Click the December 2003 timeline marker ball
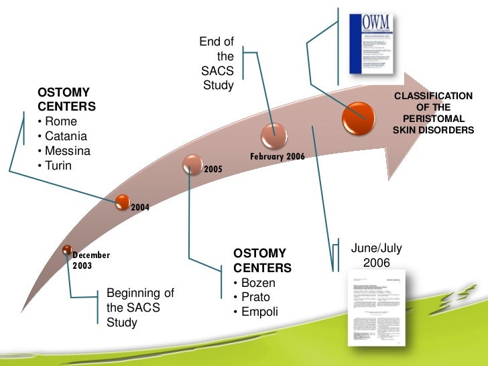pyautogui.click(x=67, y=250)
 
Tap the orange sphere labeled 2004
pyautogui.click(x=122, y=200)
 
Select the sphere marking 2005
pyautogui.click(x=193, y=162)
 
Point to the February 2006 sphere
pyautogui.click(x=273, y=134)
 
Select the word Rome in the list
pyautogui.click(x=61, y=121)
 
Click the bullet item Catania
pyautogui.click(x=68, y=136)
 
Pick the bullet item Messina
pyautogui.click(x=68, y=151)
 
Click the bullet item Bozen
pyautogui.click(x=257, y=283)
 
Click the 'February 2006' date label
pyautogui.click(x=278, y=156)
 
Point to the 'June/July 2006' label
pyautogui.click(x=376, y=255)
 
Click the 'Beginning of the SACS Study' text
pyautogui.click(x=140, y=308)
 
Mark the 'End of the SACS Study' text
pyautogui.click(x=217, y=64)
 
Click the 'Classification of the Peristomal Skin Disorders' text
pyautogui.click(x=433, y=113)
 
